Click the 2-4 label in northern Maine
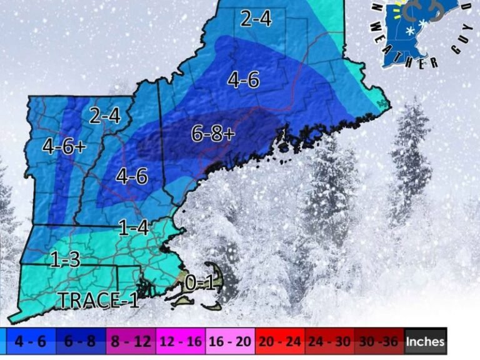click(256, 19)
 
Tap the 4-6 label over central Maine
click(243, 80)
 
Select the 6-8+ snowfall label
click(213, 133)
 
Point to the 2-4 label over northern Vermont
click(104, 115)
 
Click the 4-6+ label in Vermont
click(64, 146)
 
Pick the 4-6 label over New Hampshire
click(132, 176)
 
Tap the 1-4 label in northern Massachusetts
click(133, 227)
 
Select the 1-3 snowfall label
click(65, 259)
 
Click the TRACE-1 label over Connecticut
click(98, 300)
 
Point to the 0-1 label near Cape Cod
click(200, 283)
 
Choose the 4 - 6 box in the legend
click(29, 342)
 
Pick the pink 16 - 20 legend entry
click(230, 342)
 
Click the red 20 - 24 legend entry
click(280, 342)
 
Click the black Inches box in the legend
click(426, 342)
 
